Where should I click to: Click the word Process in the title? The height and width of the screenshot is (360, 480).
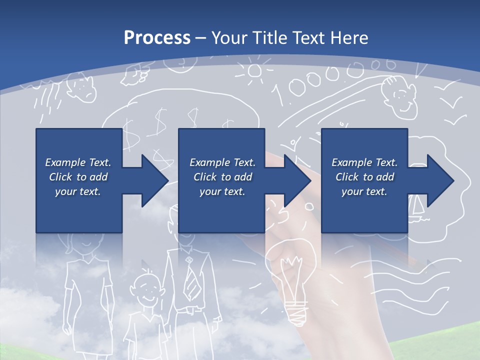[x=157, y=38]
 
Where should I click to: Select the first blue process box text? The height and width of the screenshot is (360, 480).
[x=78, y=177]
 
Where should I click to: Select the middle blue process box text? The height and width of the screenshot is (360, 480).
[x=222, y=177]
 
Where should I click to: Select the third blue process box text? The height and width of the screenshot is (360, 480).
[x=364, y=177]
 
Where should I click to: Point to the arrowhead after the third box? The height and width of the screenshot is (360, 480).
[x=439, y=180]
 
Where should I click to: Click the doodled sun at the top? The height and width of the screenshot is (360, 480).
[x=255, y=71]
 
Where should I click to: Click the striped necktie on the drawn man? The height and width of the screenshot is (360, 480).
[x=190, y=280]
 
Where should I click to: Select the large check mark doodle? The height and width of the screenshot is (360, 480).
[x=452, y=102]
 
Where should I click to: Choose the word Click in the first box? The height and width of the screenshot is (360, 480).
[x=60, y=177]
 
